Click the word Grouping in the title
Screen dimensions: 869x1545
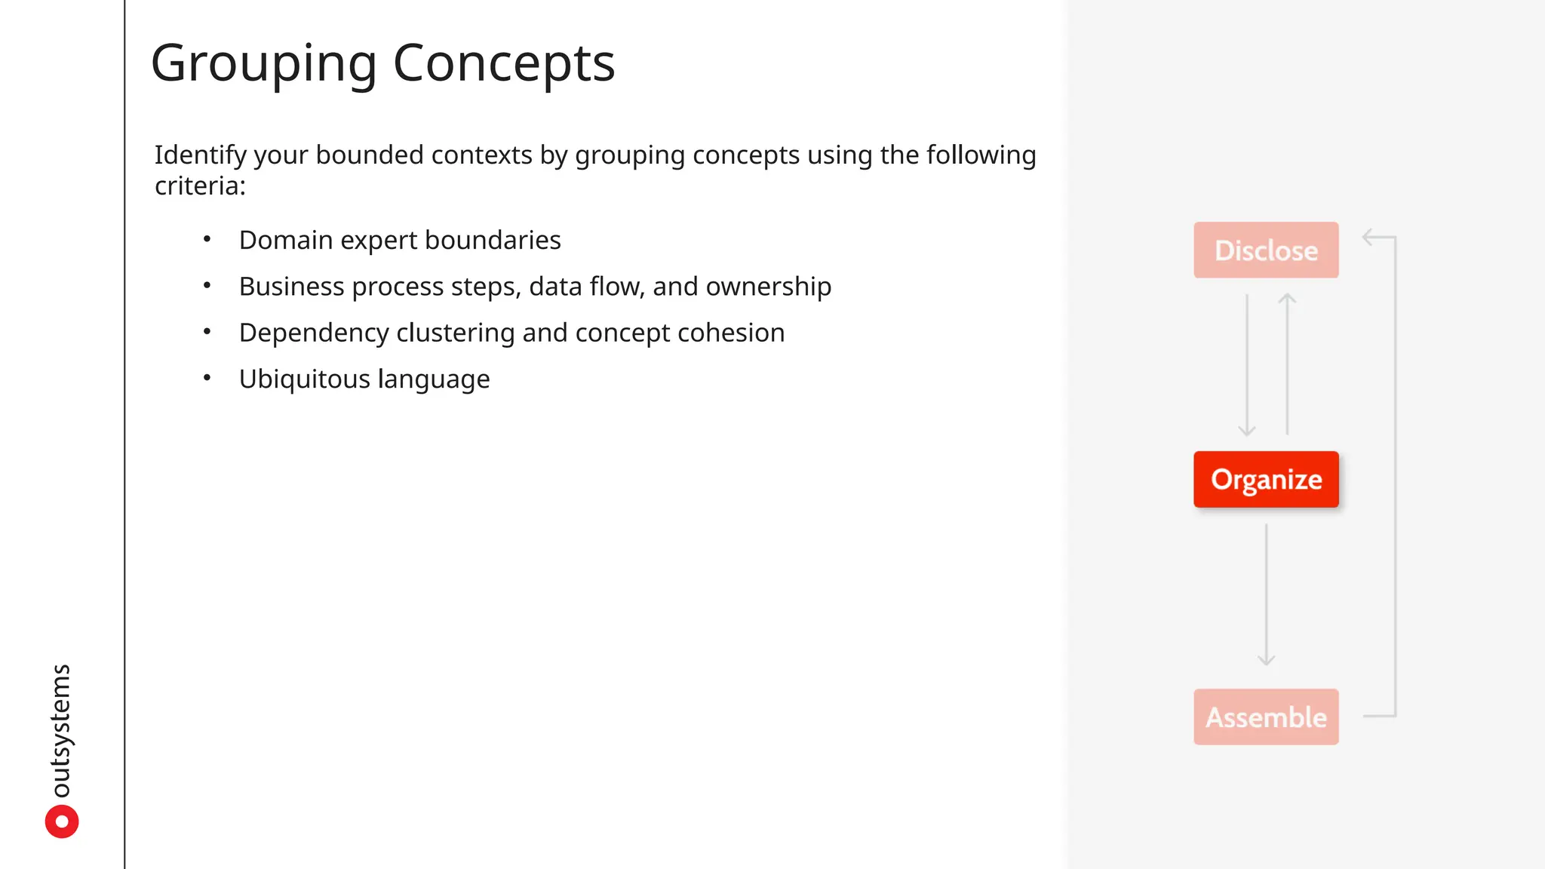pyautogui.click(x=263, y=63)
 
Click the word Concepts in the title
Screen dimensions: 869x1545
pyautogui.click(x=504, y=63)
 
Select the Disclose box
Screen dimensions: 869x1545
pyautogui.click(x=1266, y=250)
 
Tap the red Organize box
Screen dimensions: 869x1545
pyautogui.click(x=1266, y=480)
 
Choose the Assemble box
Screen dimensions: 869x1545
pyautogui.click(x=1266, y=717)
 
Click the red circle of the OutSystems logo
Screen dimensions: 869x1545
pyautogui.click(x=62, y=821)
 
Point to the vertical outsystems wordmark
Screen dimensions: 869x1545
pyautogui.click(x=60, y=730)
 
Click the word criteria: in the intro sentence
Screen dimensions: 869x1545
pyautogui.click(x=200, y=186)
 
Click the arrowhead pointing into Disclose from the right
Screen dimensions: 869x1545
pyautogui.click(x=1368, y=238)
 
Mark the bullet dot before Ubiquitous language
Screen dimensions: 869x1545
pyautogui.click(x=207, y=378)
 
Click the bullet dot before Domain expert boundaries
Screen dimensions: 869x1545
pyautogui.click(x=207, y=239)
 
